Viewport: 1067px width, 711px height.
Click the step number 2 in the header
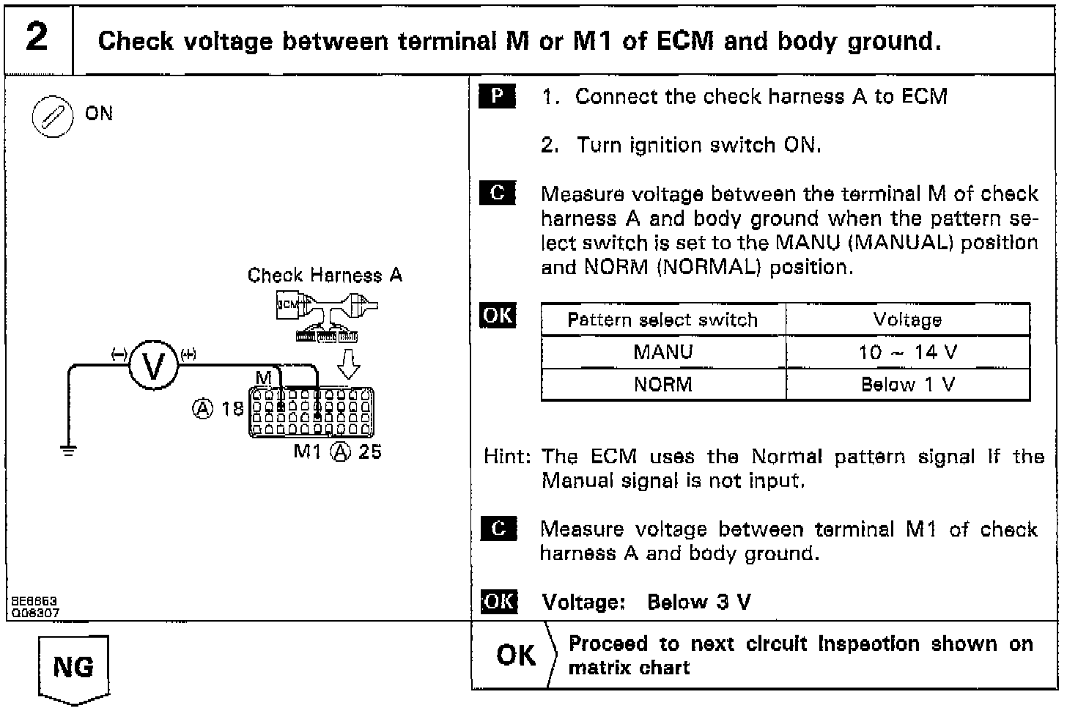click(x=37, y=37)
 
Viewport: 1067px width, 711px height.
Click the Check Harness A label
click(x=325, y=276)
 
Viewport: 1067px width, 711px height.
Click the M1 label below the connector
click(x=308, y=452)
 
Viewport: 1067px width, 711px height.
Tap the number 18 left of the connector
click(x=232, y=408)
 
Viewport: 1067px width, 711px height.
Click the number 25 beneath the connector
click(x=369, y=452)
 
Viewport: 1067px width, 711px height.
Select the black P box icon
click(x=498, y=96)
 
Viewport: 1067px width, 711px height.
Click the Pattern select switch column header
click(x=662, y=320)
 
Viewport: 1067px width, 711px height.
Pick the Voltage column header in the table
click(x=907, y=320)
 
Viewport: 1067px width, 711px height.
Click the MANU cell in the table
click(x=662, y=352)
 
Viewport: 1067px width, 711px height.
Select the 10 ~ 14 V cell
click(x=907, y=352)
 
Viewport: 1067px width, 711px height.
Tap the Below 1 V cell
click(x=907, y=384)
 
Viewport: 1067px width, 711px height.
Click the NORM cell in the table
click(x=662, y=384)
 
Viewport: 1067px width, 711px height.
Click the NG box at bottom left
click(x=73, y=667)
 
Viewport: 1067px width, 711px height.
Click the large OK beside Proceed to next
click(x=516, y=655)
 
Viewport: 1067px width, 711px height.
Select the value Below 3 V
click(x=699, y=603)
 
